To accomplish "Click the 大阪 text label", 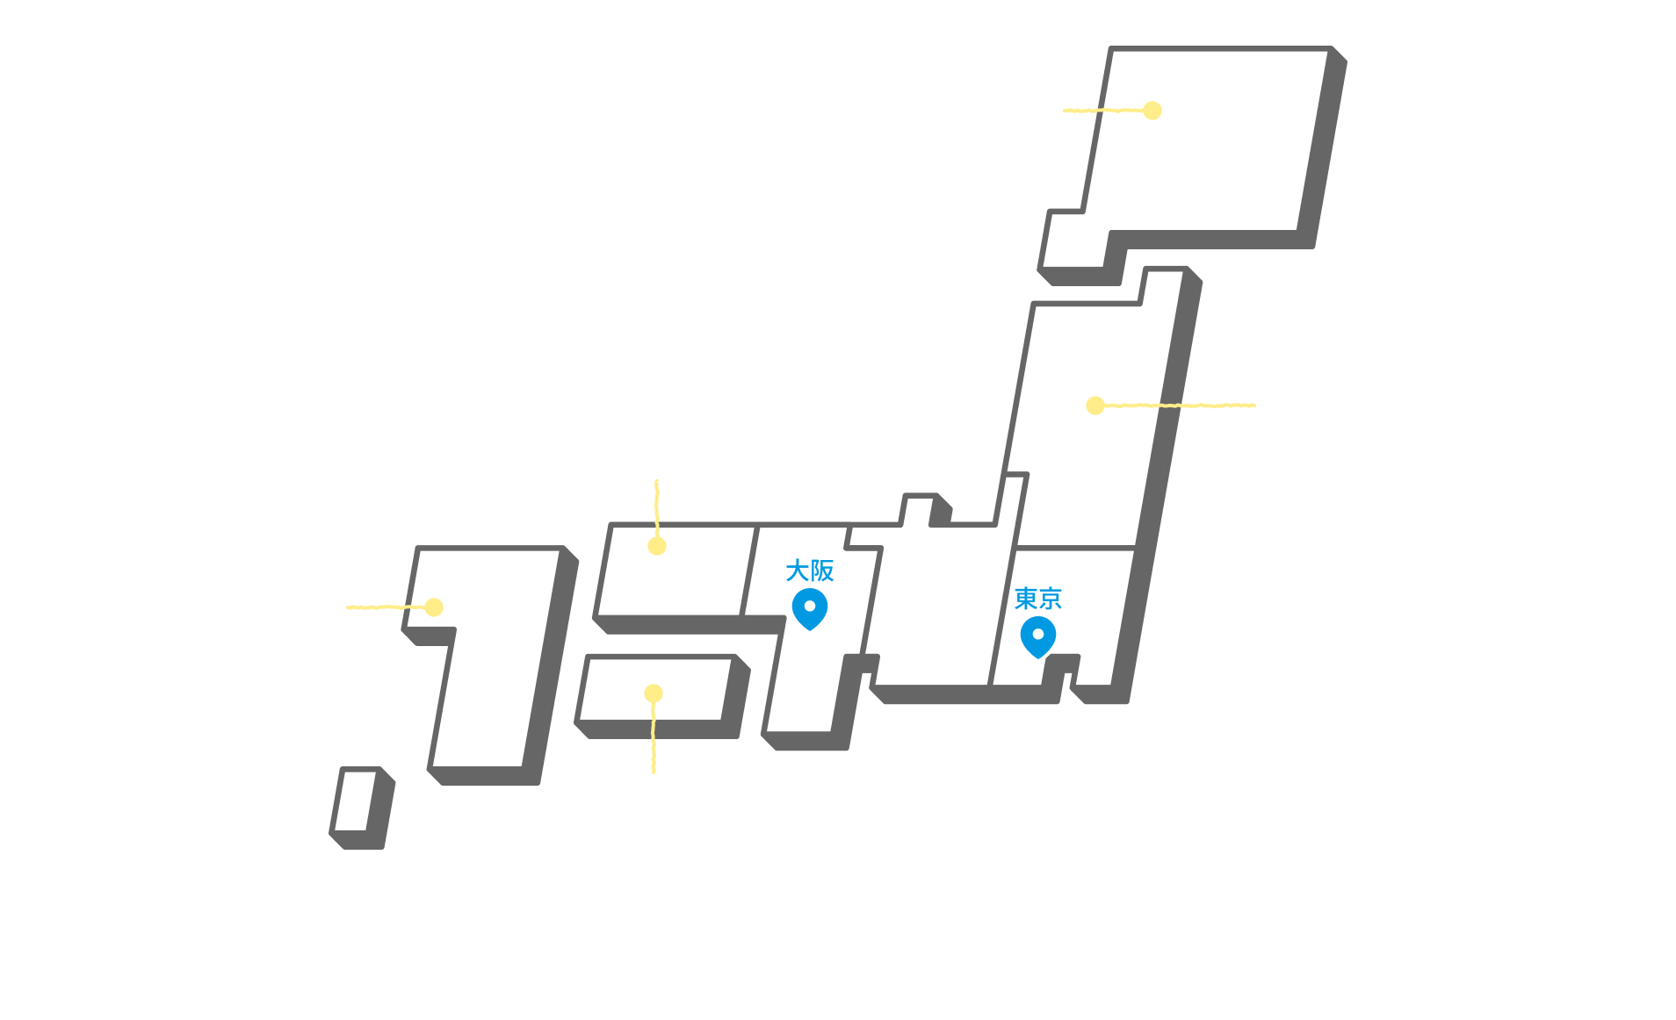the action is coord(809,571).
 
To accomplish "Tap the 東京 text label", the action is coord(1037,599).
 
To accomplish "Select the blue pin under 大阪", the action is coord(810,609).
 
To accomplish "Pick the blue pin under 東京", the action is coord(1038,637).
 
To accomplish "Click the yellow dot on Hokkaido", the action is coord(1152,111).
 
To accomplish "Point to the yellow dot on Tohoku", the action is coord(1095,406).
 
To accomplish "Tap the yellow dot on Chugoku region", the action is coord(657,546).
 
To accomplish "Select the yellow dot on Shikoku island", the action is coord(654,693).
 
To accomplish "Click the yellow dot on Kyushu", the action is coord(434,607).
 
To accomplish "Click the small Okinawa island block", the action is coord(362,808).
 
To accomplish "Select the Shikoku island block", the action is coord(662,696).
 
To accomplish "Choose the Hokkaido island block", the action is coord(1193,165).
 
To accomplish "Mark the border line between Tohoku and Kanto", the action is coord(1075,549).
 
